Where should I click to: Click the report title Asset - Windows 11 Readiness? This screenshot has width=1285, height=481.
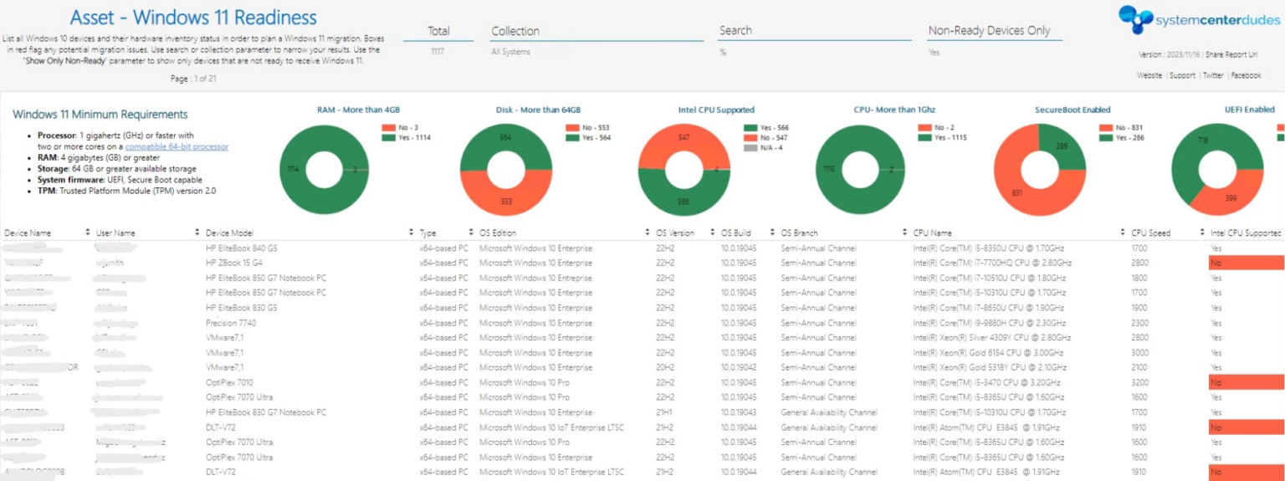[193, 18]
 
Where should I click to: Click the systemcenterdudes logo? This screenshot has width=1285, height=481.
[1190, 19]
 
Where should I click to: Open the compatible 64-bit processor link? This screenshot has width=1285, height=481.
[177, 146]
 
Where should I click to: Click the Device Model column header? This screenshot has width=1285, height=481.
[229, 233]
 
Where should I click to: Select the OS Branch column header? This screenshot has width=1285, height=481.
[799, 233]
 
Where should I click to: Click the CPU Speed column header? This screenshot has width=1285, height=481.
[1150, 233]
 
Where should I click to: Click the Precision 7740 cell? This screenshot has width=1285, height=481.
[231, 323]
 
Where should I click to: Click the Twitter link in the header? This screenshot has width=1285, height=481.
[1212, 75]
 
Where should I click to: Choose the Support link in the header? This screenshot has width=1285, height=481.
[1182, 75]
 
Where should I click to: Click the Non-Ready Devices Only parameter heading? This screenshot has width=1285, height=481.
[989, 31]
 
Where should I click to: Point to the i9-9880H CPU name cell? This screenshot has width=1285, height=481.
[989, 323]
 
